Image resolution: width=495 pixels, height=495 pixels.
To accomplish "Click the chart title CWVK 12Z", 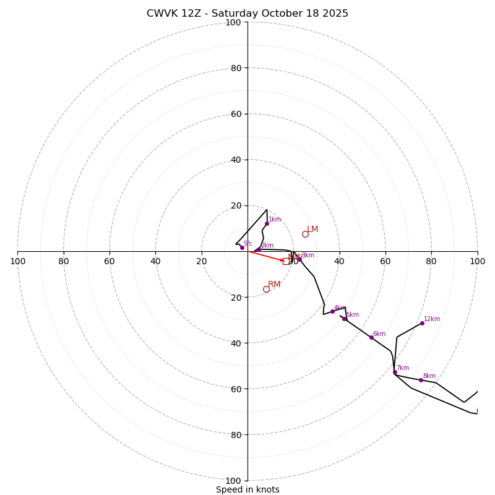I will click(247, 14).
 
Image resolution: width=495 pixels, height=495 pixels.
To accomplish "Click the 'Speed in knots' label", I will click(247, 489).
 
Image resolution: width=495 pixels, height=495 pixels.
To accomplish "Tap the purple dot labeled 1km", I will click(267, 223).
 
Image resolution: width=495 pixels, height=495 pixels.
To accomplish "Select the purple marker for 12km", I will click(422, 323).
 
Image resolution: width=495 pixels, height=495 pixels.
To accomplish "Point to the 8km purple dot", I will click(421, 380).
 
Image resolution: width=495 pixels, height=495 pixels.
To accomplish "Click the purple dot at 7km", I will click(395, 372).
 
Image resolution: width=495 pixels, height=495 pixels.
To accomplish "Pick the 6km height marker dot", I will click(371, 337).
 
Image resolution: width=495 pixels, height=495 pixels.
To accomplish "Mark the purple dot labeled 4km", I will click(332, 311).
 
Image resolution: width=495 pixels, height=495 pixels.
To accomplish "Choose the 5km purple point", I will click(344, 319).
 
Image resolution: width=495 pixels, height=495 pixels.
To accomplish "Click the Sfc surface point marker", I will click(242, 247).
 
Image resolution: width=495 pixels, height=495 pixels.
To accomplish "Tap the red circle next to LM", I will click(305, 234).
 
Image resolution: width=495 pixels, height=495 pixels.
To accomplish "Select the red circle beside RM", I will click(266, 289).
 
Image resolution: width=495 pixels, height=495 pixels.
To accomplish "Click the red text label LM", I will click(312, 230).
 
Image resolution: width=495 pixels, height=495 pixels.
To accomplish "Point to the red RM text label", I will click(274, 285).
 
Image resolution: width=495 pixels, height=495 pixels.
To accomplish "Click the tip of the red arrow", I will click(285, 261).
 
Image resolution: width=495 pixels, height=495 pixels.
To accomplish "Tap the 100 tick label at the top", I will click(233, 22).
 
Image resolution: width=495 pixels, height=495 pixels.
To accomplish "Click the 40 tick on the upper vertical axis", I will click(236, 160).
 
